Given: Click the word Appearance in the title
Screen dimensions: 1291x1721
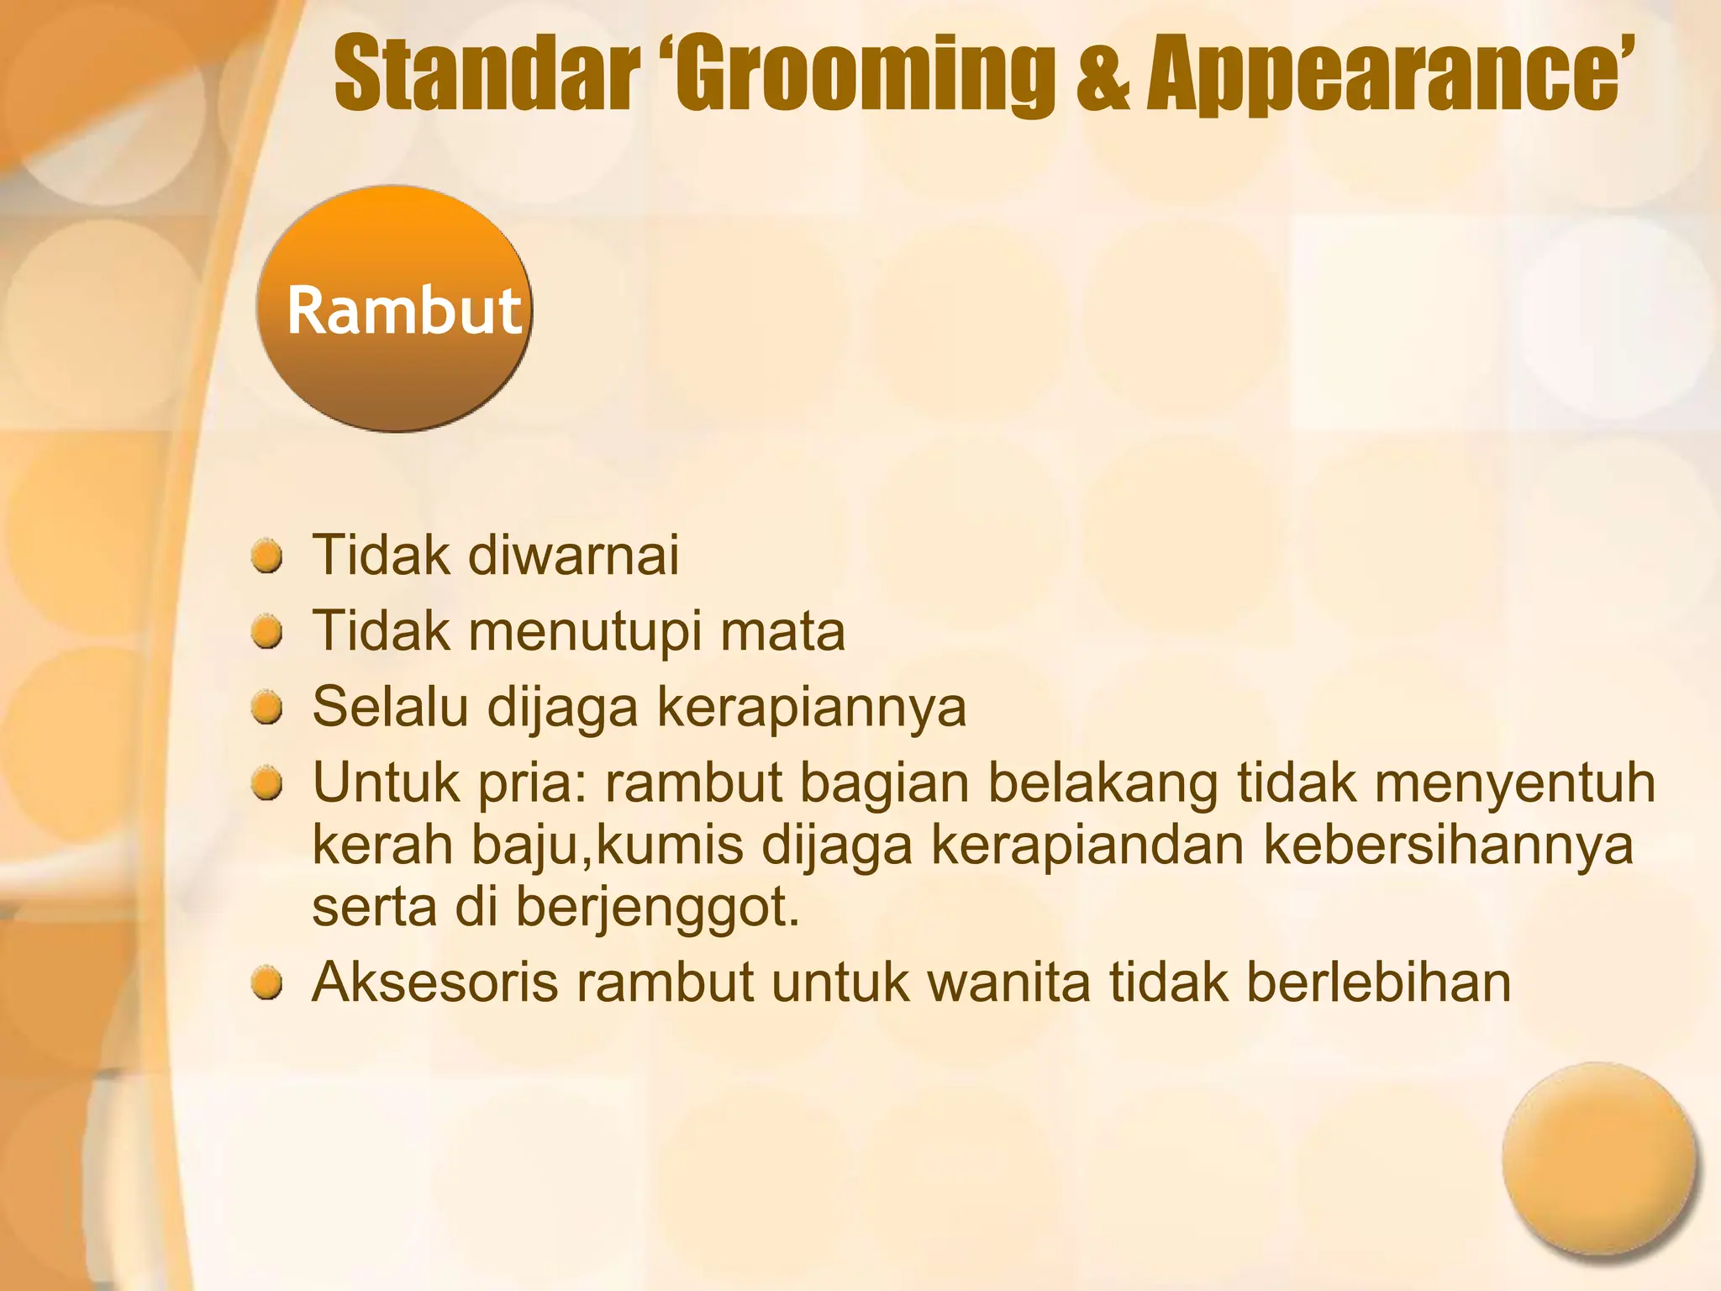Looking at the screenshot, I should [x=1378, y=73].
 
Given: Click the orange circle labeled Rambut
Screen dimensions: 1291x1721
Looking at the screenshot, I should [x=395, y=309].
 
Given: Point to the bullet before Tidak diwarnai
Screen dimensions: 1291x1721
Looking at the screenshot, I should [x=267, y=557].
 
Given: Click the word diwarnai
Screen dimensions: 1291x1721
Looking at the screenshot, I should [x=573, y=556].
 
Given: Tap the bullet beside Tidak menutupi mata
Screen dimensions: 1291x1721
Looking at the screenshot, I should [x=267, y=633].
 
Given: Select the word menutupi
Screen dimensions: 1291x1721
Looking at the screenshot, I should [x=585, y=633].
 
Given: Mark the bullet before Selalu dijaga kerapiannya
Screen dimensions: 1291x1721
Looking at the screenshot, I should [x=267, y=709].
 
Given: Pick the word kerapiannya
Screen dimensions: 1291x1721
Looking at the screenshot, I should [x=811, y=709].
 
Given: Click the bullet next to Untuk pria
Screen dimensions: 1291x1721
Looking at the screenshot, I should [x=267, y=785].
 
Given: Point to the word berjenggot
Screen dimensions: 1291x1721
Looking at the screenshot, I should [x=657, y=909].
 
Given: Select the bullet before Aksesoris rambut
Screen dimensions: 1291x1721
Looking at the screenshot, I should [x=267, y=983].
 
